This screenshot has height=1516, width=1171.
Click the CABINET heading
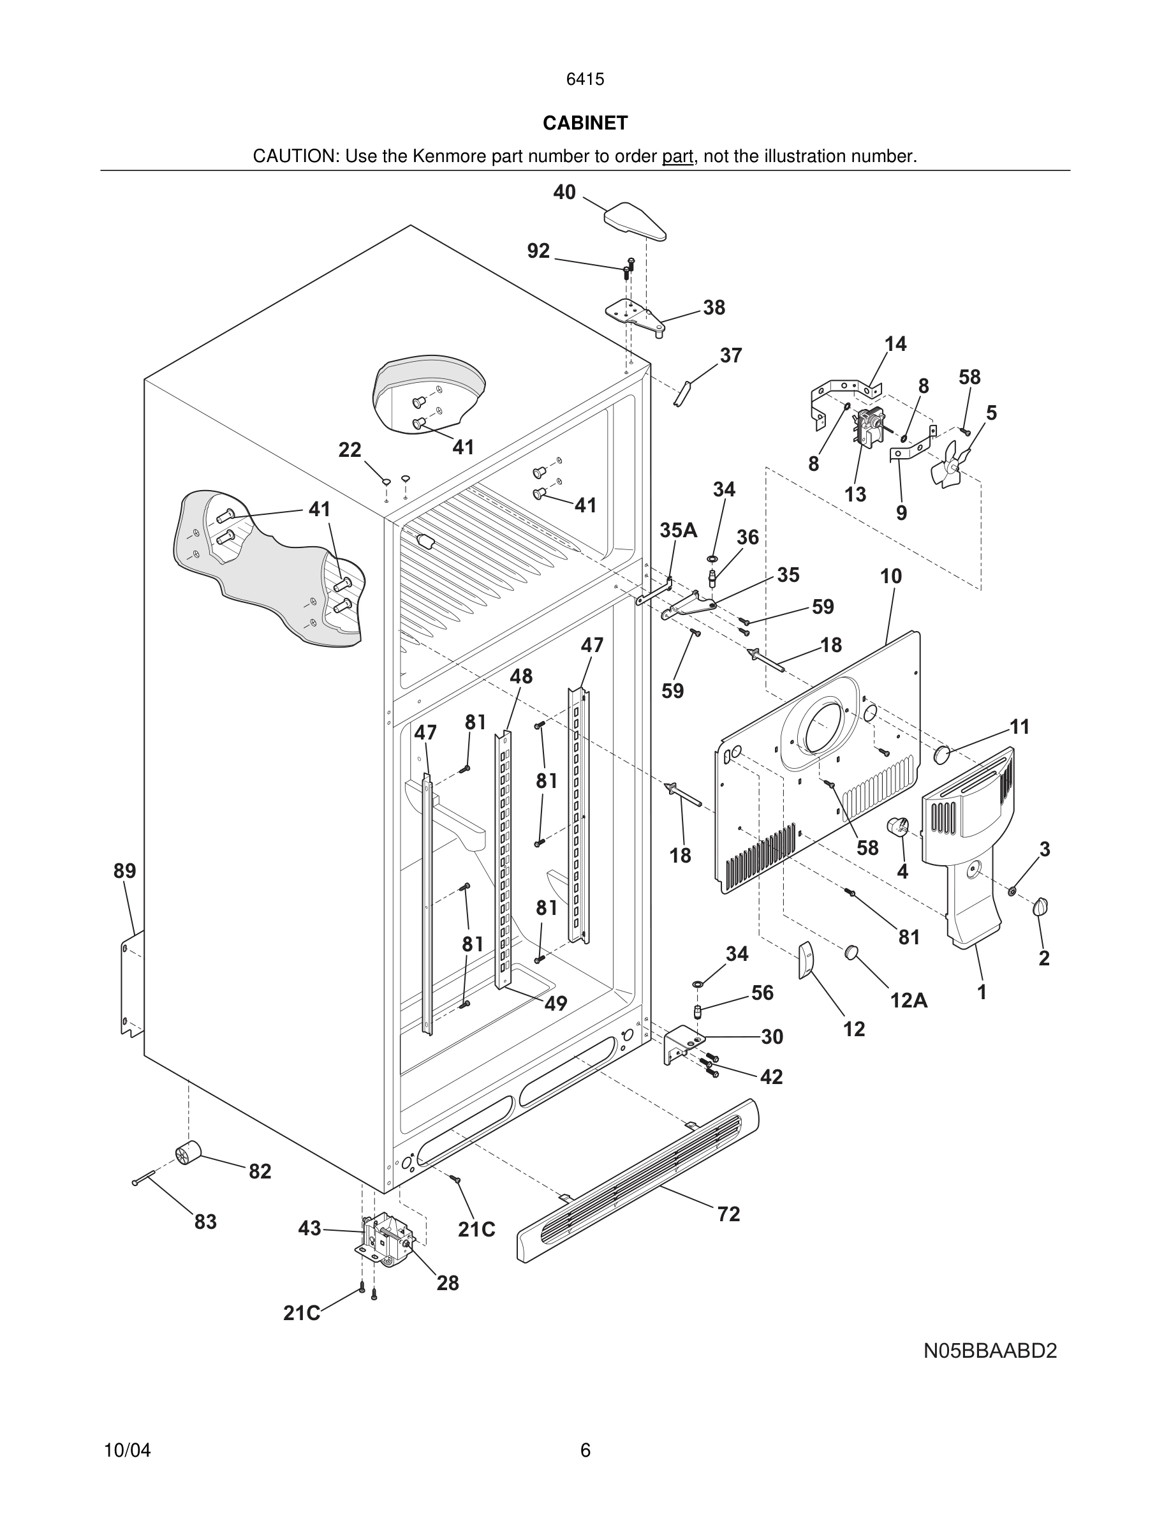tap(585, 123)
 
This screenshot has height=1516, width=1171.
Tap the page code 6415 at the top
tap(585, 79)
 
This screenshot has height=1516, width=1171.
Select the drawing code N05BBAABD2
tap(989, 1351)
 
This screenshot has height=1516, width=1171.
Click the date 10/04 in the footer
tap(127, 1450)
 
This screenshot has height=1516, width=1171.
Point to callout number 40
tap(564, 192)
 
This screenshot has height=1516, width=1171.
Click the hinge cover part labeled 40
tap(635, 221)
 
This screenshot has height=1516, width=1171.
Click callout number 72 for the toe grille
tap(728, 1214)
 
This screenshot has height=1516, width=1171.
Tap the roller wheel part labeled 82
tap(188, 1154)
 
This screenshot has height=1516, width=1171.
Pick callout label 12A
tap(908, 1000)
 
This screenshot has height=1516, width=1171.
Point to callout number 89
tap(125, 871)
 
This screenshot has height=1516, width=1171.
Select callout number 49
tap(555, 1003)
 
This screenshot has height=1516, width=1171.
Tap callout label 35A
tap(678, 530)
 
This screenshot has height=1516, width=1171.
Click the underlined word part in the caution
tap(677, 157)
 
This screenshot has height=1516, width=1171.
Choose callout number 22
tap(350, 450)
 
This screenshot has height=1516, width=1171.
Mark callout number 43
tap(309, 1229)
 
